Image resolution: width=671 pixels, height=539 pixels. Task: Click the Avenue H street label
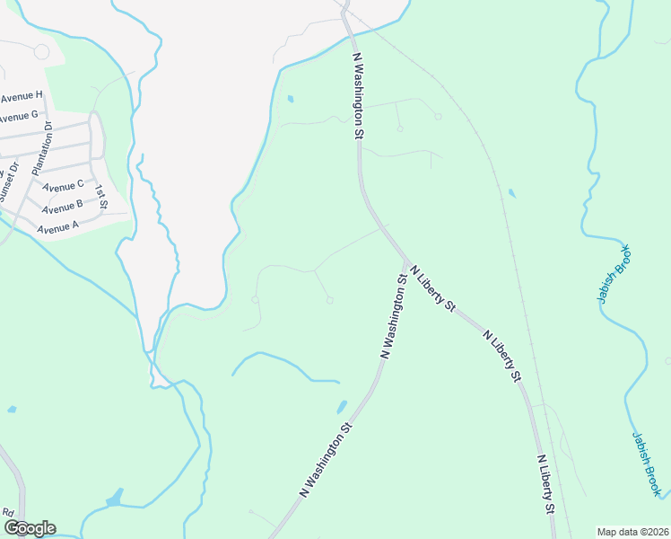coord(22,95)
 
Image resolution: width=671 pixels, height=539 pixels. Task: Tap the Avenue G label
coord(18,116)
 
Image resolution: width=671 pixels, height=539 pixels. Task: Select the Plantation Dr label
coord(42,149)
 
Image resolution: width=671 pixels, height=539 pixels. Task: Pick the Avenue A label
coord(58,228)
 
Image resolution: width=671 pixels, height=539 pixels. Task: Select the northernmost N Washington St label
coord(357,94)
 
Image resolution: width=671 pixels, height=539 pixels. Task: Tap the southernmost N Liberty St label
coord(545,484)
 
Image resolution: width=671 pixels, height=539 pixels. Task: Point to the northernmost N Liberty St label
coord(432,287)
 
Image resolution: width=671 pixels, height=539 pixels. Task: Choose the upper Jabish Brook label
coord(615,274)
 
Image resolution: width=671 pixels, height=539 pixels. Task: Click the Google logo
coord(29,528)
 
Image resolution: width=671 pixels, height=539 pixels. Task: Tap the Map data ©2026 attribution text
coord(632,532)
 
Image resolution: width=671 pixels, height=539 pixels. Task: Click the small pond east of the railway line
coord(511,192)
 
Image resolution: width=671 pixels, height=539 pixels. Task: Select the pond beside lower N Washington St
coord(342,407)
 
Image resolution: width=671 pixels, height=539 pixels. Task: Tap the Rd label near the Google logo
coord(8,512)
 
